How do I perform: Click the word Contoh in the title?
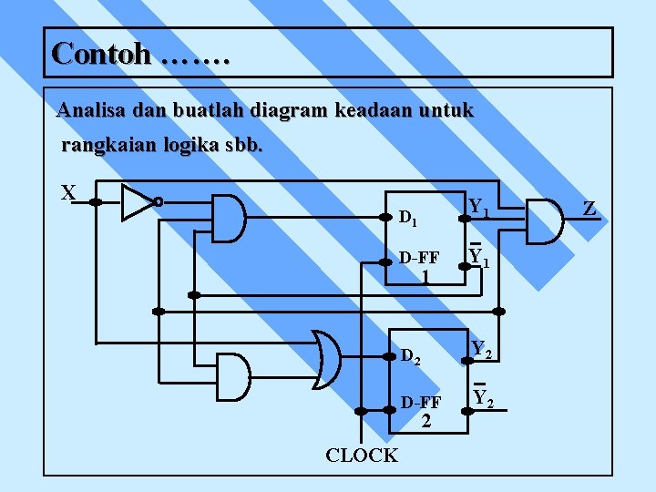[101, 53]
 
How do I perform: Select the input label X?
[68, 193]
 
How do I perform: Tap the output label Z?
[589, 210]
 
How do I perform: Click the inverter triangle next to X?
[138, 201]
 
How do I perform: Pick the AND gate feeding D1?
[229, 219]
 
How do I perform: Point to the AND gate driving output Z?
[545, 221]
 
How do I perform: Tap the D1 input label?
[408, 219]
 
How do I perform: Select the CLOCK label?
[362, 456]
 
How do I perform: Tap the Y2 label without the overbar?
[483, 349]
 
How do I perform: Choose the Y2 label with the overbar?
[483, 398]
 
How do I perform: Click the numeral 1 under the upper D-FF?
[425, 275]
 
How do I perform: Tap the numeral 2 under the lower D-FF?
[425, 420]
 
